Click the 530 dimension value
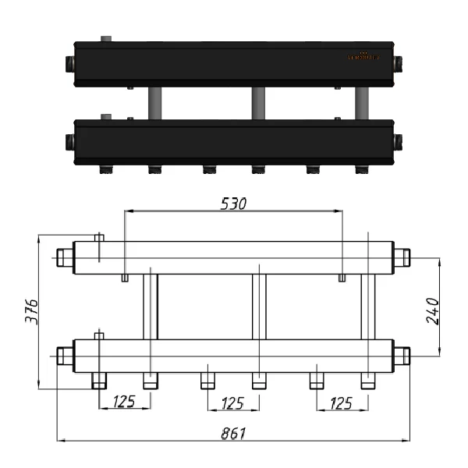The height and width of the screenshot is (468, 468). pos(234,204)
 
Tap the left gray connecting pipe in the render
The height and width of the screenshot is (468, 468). pos(154,104)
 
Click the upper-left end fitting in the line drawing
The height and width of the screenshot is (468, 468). pos(64,257)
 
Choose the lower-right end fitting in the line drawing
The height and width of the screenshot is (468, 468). pos(402,356)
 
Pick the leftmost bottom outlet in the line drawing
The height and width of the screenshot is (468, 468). pos(99,381)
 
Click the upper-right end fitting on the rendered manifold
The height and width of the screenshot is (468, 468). pos(397,62)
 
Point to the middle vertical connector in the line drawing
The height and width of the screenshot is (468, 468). pos(259,307)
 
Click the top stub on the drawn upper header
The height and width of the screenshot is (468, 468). pos(99,237)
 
